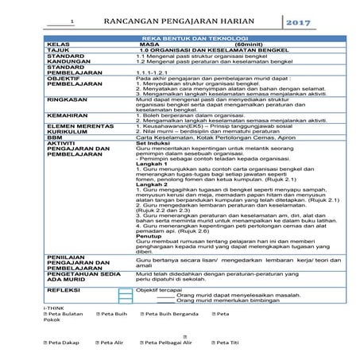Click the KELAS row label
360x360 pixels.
click(60, 45)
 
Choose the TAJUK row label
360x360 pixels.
click(60, 52)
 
